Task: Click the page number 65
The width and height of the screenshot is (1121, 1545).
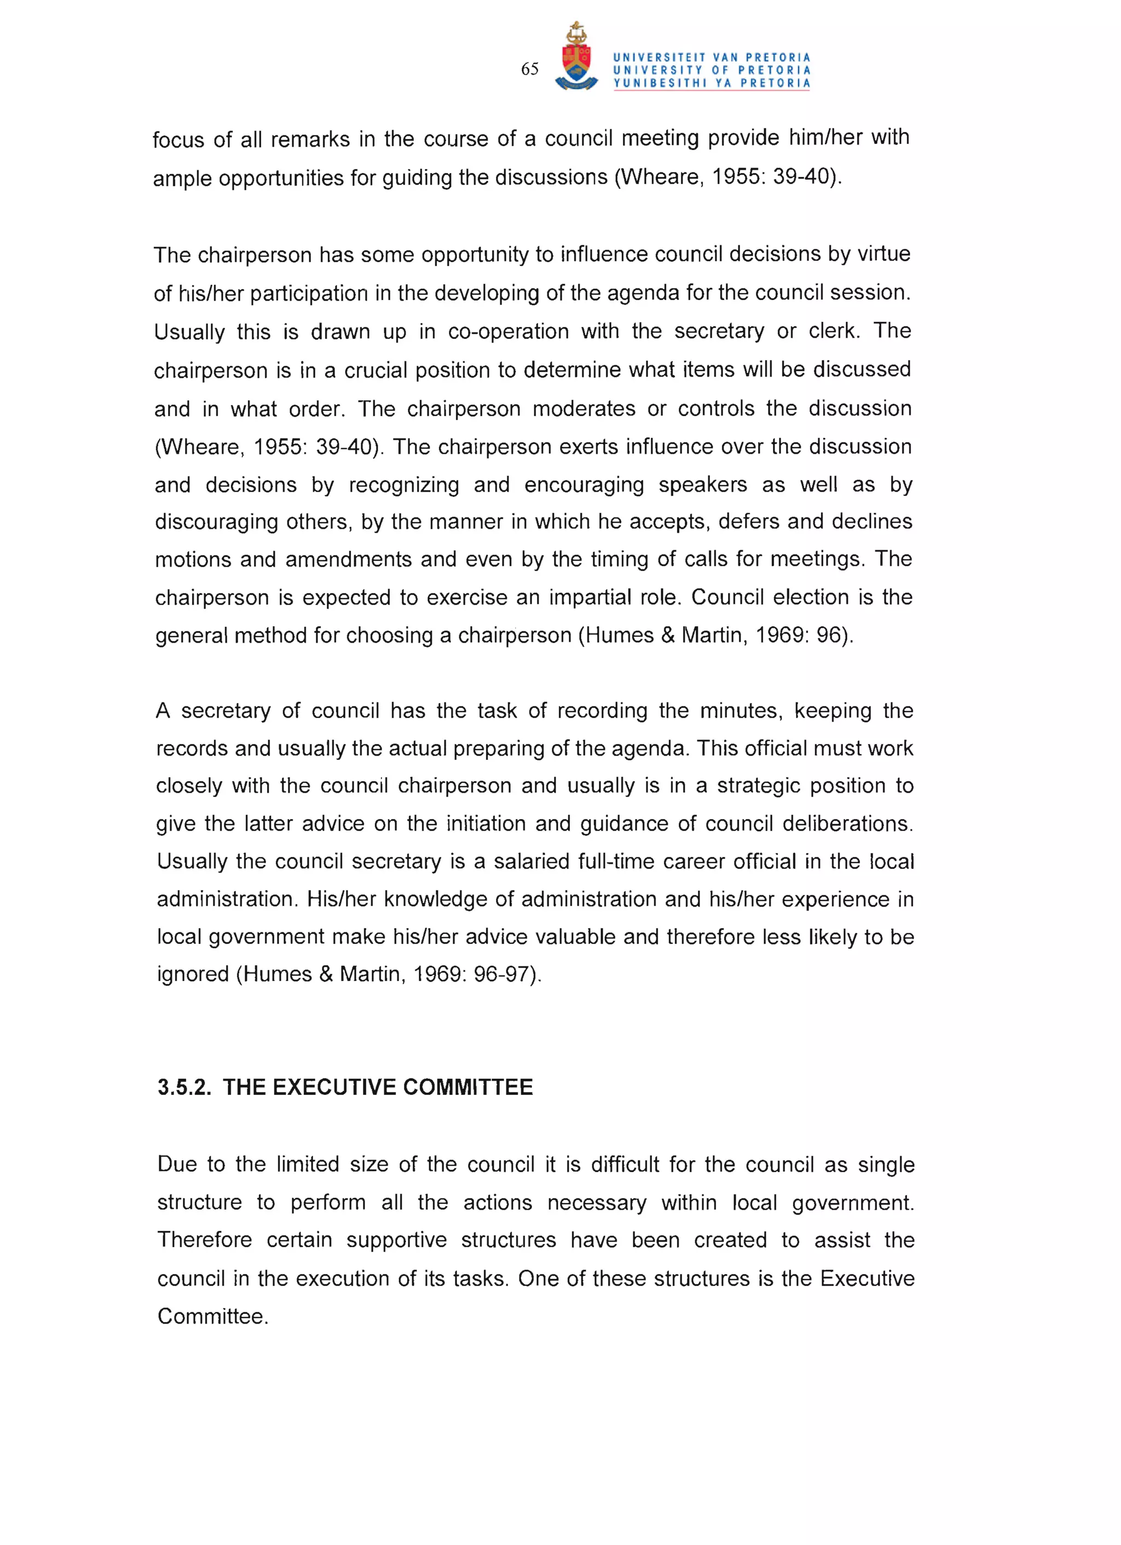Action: pyautogui.click(x=530, y=69)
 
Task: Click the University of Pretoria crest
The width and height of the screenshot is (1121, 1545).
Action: pyautogui.click(x=576, y=58)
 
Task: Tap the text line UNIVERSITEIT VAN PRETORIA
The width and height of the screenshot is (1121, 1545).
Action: pyautogui.click(x=712, y=58)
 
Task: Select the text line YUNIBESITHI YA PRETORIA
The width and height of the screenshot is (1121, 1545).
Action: pyautogui.click(x=712, y=84)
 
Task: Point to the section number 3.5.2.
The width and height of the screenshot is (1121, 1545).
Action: pyautogui.click(x=184, y=1087)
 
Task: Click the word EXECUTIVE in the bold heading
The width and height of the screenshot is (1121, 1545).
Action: pyautogui.click(x=335, y=1087)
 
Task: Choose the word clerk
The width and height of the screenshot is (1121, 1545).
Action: pyautogui.click(x=834, y=331)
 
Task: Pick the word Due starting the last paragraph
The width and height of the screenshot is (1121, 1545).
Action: pyautogui.click(x=177, y=1164)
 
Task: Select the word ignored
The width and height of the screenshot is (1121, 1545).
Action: pyautogui.click(x=193, y=974)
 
